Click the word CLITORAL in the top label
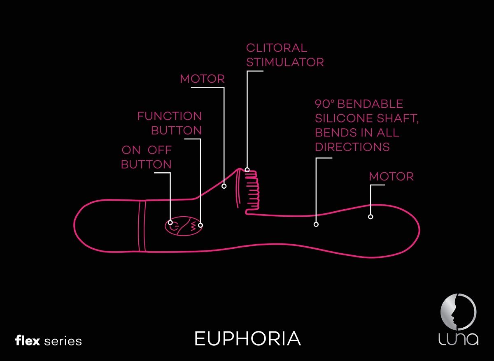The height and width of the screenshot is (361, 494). tap(276, 48)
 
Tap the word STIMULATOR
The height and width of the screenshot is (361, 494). tap(285, 62)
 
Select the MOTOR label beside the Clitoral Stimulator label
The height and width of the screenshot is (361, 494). tap(203, 79)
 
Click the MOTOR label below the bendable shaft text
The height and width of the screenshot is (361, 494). tap(391, 177)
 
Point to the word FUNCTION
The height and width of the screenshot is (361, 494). tap(170, 116)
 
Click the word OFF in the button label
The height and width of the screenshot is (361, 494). tap(160, 150)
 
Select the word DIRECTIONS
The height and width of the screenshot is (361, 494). tap(352, 147)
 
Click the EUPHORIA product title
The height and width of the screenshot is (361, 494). tap(247, 339)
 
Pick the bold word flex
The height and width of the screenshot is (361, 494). tap(27, 341)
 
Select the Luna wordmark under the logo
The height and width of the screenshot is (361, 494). tap(458, 339)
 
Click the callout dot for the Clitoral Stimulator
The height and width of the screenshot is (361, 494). tap(247, 169)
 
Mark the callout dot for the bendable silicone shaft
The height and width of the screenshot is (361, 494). tap(316, 224)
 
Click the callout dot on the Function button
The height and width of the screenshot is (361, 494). tap(201, 224)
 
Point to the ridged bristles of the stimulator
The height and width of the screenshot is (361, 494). tap(252, 192)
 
